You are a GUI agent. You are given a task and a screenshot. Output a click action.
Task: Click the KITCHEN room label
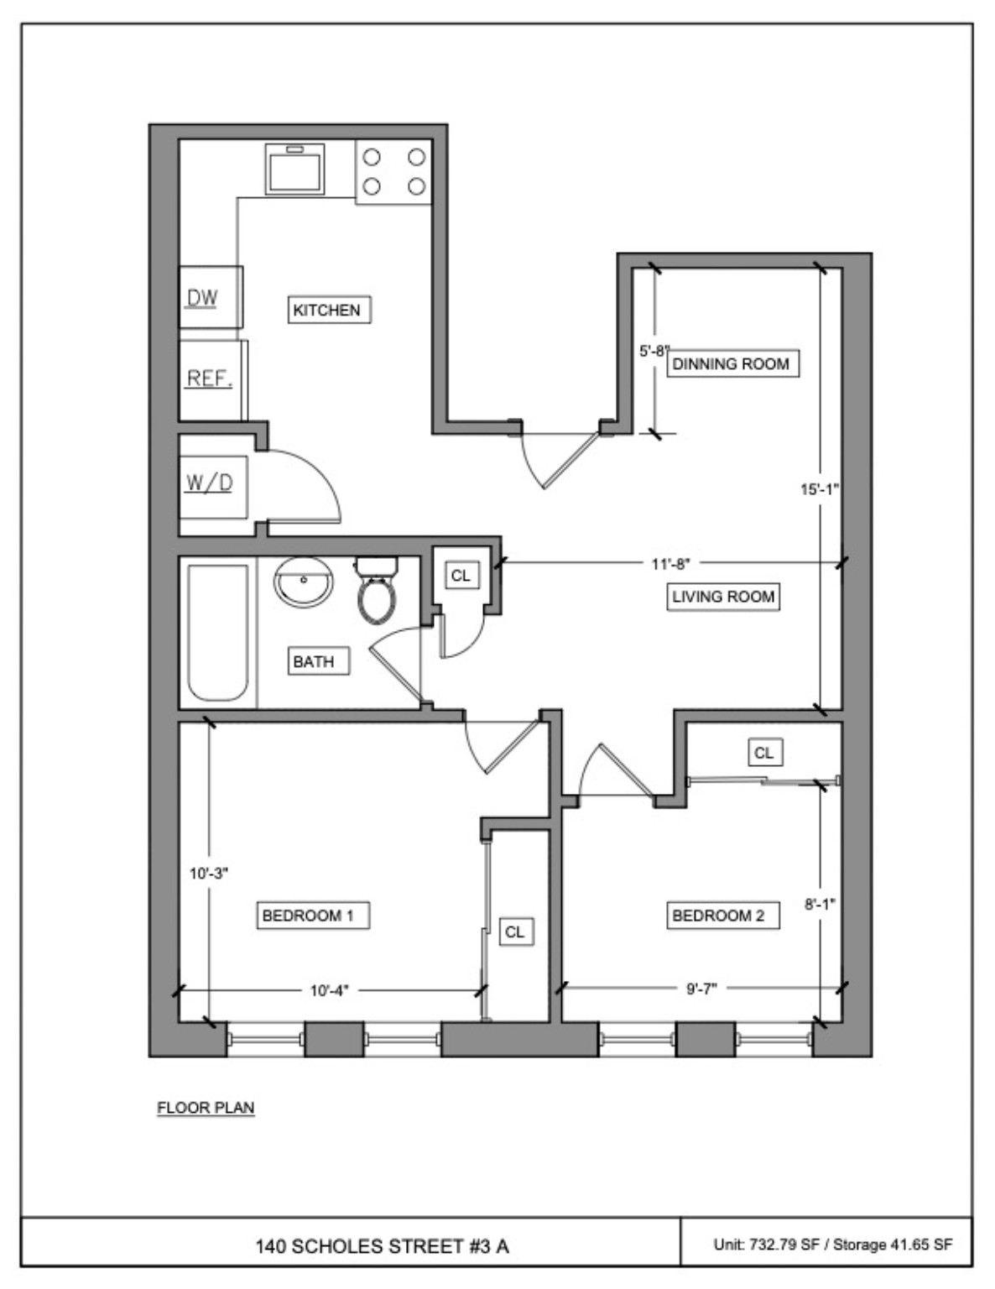[x=327, y=310]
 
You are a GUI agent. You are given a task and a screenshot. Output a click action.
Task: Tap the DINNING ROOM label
[x=731, y=363]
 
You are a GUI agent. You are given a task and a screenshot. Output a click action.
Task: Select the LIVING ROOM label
[x=722, y=597]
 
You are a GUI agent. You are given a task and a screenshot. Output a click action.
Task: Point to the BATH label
[x=314, y=661]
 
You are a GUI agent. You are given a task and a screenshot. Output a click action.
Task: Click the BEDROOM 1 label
[x=308, y=915]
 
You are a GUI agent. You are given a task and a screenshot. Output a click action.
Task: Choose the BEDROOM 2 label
[x=718, y=915]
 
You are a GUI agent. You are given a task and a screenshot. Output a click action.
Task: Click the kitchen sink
[x=294, y=170]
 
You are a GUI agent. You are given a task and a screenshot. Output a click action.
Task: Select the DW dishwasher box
[x=211, y=298]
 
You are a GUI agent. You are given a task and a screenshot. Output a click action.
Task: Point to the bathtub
[x=218, y=632]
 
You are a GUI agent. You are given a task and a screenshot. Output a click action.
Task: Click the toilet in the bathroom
[x=377, y=590]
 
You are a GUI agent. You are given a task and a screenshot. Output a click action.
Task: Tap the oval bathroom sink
[x=304, y=581]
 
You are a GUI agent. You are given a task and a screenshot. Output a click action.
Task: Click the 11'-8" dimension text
[x=670, y=564]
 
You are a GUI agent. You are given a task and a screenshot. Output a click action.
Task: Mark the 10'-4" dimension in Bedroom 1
[x=329, y=990]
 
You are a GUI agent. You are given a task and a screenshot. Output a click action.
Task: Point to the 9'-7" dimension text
[x=701, y=989]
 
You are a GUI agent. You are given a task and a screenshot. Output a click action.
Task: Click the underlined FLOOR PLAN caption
[x=206, y=1108]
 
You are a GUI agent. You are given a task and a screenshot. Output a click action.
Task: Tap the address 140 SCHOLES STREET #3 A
[x=382, y=1245]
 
